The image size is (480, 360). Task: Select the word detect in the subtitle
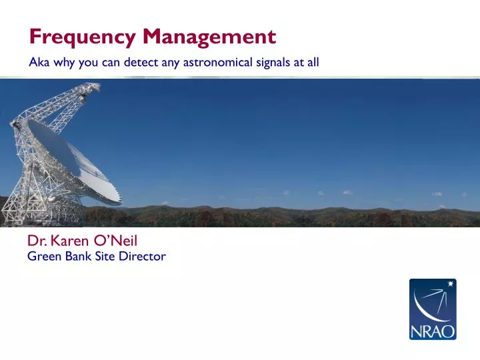(140, 63)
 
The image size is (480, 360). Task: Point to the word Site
(105, 256)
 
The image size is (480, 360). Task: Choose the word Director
(142, 256)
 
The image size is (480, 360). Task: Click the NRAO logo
(432, 309)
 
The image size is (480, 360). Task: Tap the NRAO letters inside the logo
(432, 329)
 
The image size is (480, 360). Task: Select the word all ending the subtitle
(313, 63)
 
